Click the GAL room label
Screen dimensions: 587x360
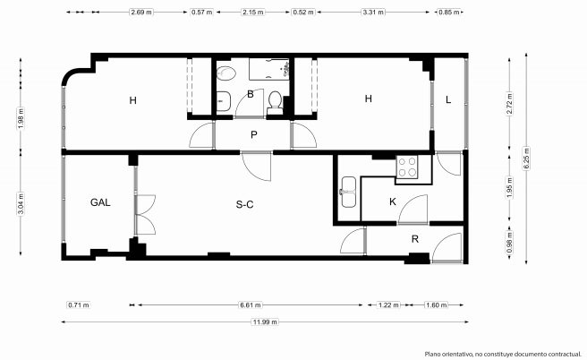[100, 202]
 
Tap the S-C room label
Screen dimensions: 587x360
[245, 204]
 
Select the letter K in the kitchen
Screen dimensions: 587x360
[392, 201]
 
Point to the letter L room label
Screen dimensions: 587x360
[448, 100]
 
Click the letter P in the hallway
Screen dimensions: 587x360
[254, 135]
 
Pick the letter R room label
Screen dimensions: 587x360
[415, 239]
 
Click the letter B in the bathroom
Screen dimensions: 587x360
[251, 94]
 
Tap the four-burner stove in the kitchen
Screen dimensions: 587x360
[407, 167]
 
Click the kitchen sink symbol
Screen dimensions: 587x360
[349, 192]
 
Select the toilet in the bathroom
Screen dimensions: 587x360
[276, 103]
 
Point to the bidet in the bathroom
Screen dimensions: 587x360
[225, 73]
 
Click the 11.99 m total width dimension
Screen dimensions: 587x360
[265, 321]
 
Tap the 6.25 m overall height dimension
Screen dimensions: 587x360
[526, 159]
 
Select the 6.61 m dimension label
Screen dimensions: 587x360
[250, 305]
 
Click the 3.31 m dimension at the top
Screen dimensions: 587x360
[373, 12]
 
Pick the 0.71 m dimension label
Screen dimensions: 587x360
[79, 305]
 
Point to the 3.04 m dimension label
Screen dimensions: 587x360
[21, 203]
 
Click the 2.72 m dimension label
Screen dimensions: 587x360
[509, 104]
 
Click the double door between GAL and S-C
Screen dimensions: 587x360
[145, 215]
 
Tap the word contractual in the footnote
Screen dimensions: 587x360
[564, 354]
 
